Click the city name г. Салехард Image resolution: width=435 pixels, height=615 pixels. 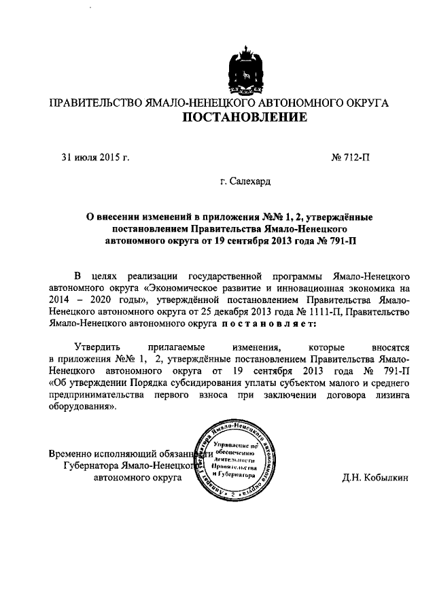(x=245, y=182)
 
